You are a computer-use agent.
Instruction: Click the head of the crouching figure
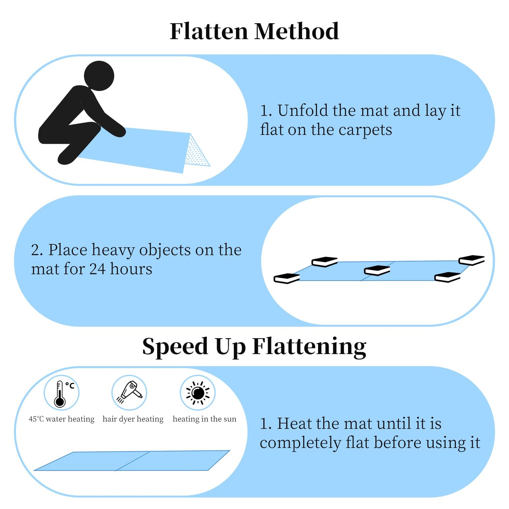99,76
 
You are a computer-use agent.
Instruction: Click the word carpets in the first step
365,130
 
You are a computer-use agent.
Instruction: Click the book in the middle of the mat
377,270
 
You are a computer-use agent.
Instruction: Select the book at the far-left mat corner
287,278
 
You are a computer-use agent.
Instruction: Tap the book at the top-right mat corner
472,260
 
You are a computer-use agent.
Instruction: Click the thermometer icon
60,394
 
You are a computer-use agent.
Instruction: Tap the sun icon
198,393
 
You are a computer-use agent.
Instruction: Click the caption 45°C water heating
62,419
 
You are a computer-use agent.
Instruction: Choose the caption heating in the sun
204,419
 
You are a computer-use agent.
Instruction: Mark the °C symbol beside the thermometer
70,385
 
